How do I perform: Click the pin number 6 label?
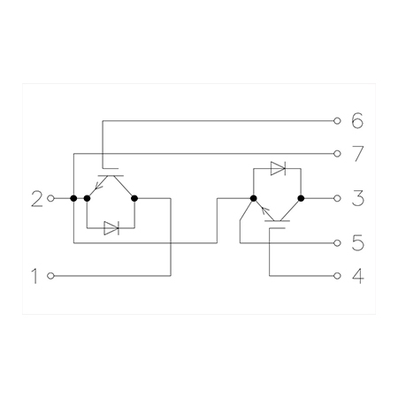click(357, 120)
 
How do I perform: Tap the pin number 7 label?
click(358, 154)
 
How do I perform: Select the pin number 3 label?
click(358, 198)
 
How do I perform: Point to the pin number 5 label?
click(358, 242)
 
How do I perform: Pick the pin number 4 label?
click(358, 276)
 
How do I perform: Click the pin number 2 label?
click(37, 199)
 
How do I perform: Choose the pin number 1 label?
click(34, 276)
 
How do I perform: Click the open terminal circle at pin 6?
click(337, 120)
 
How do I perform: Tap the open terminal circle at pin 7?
click(337, 154)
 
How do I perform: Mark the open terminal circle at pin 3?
click(337, 198)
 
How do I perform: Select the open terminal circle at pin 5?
click(337, 243)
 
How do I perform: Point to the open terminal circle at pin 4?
click(337, 276)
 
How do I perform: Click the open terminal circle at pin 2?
click(50, 198)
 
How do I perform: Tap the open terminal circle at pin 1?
click(50, 276)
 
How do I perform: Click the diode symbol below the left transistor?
click(111, 228)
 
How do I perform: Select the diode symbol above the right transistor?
click(278, 169)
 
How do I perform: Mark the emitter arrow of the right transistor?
click(265, 210)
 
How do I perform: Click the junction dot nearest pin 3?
click(301, 198)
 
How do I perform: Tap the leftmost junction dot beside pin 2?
click(73, 198)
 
